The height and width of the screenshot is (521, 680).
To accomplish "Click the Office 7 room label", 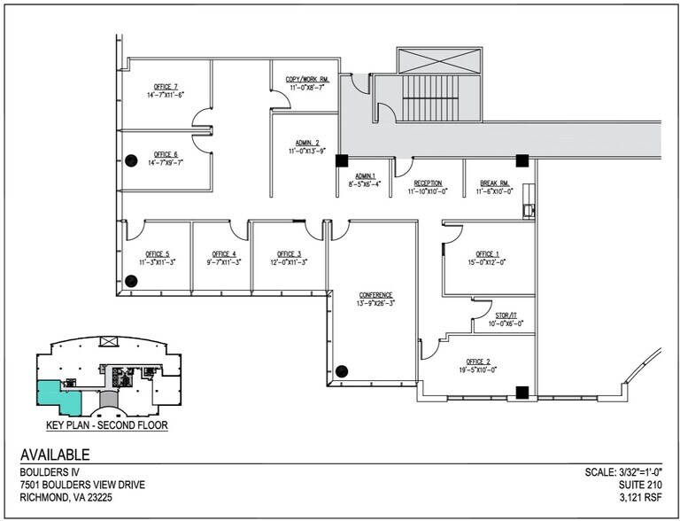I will [x=166, y=87].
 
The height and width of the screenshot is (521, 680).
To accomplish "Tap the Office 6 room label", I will [x=166, y=154].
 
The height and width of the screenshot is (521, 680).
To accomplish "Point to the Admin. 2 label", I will [x=304, y=144].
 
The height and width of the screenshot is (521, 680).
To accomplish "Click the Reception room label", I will [x=428, y=183].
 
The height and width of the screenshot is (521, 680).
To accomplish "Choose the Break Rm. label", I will [x=493, y=183].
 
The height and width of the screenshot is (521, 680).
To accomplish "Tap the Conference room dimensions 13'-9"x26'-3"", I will [x=375, y=303].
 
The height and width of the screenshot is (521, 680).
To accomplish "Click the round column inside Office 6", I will [x=130, y=160].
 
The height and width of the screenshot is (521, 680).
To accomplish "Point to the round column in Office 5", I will [x=130, y=281].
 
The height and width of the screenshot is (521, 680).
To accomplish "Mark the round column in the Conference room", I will [x=342, y=371].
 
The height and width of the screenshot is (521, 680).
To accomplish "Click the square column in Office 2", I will [x=522, y=391].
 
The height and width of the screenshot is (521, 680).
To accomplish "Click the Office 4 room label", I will [x=221, y=254].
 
